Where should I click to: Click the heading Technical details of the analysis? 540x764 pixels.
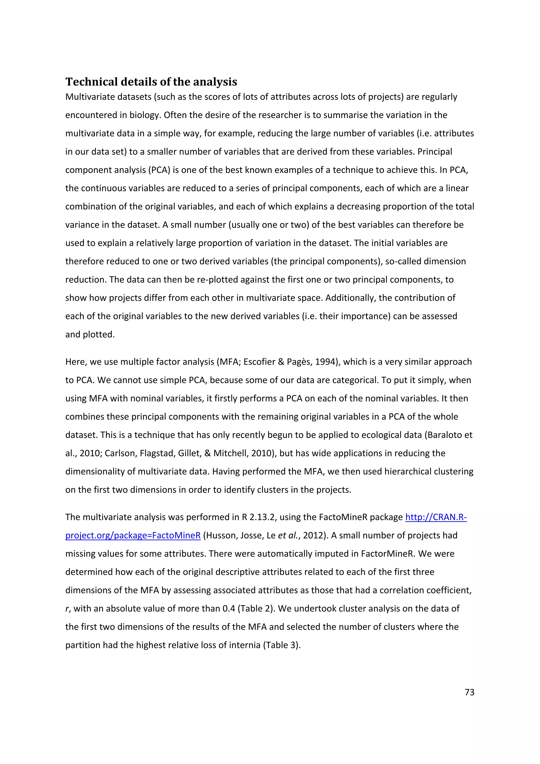click(x=151, y=82)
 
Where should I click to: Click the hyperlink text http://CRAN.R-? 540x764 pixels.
click(x=436, y=517)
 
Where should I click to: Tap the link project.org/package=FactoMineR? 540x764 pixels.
click(x=133, y=535)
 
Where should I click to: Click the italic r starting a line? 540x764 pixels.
click(x=67, y=609)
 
